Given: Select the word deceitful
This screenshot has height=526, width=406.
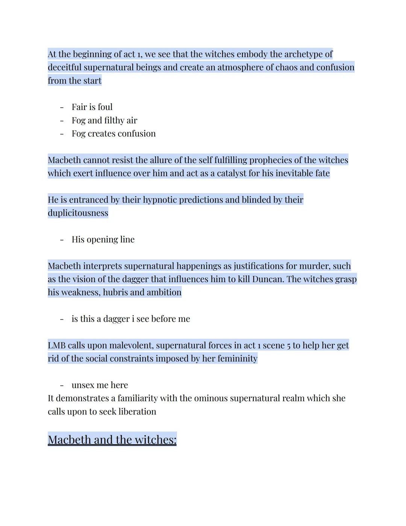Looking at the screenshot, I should pyautogui.click(x=64, y=67).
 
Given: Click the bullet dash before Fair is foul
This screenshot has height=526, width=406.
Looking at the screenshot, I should pyautogui.click(x=62, y=107).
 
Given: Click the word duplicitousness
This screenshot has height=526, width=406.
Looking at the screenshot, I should pyautogui.click(x=78, y=213).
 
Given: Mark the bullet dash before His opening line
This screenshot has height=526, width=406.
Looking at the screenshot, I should pyautogui.click(x=62, y=240).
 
